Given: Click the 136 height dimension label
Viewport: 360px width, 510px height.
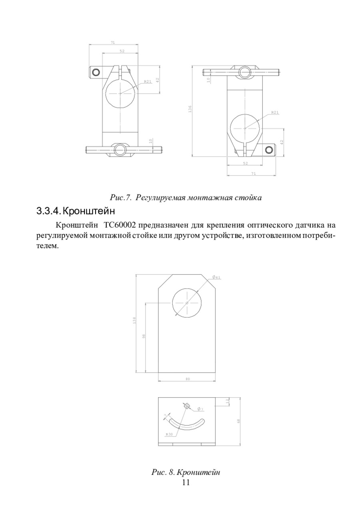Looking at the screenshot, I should [190, 109].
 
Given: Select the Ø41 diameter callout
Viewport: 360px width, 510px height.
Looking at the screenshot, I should [216, 277].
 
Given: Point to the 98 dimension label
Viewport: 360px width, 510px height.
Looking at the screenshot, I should [144, 336].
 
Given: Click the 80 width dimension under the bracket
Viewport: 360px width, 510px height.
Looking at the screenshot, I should [188, 379].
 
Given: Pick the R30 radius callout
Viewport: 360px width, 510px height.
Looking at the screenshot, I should [169, 434].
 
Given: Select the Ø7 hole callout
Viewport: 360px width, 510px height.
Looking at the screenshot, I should [200, 409].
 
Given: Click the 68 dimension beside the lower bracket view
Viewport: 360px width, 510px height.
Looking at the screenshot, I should [238, 421].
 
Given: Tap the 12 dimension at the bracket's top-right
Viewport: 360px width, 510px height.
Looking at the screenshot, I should [227, 401].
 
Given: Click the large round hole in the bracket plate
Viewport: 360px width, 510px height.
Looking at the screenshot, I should [187, 303].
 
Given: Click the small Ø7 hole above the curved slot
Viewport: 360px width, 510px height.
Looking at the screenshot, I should [187, 406].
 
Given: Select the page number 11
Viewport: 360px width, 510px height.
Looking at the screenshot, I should [186, 482].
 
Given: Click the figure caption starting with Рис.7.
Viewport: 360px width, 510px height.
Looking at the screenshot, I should [186, 198].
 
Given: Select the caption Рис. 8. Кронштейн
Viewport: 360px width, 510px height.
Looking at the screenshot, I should [186, 472].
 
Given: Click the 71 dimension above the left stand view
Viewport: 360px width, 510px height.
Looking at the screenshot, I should [113, 42].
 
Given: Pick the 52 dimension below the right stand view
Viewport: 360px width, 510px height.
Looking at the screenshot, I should [245, 163].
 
